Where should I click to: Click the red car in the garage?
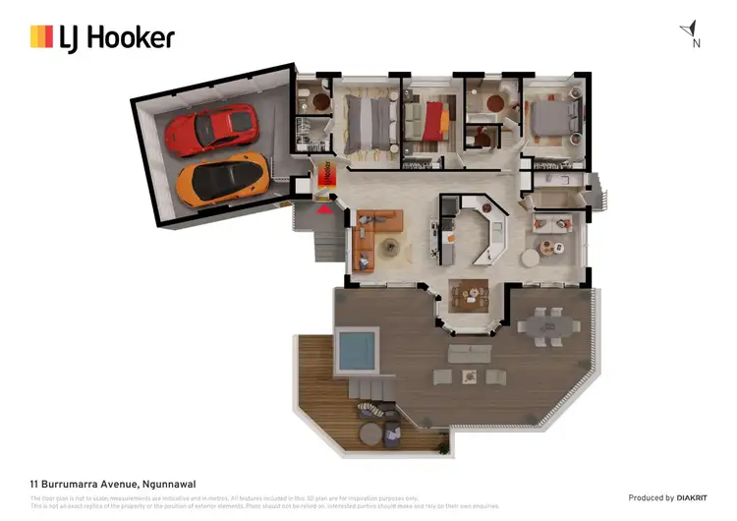click(x=212, y=129)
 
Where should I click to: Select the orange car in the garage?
click(x=222, y=178)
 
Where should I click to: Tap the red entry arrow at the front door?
click(x=323, y=206)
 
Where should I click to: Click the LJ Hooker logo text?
click(x=130, y=38)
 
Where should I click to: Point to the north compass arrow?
click(x=692, y=29)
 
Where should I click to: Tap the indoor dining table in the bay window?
click(x=469, y=293)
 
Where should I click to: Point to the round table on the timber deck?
click(x=370, y=433)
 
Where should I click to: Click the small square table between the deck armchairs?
click(x=470, y=376)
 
